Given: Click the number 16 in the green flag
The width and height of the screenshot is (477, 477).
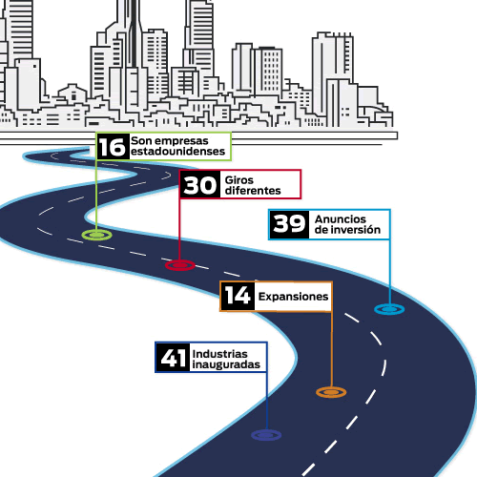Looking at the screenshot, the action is [112, 147].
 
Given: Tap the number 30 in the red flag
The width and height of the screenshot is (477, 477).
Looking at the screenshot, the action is [199, 185].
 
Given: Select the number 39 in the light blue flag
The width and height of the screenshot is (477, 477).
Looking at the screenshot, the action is [289, 223].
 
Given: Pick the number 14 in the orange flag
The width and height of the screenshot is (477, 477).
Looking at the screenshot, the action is [238, 296].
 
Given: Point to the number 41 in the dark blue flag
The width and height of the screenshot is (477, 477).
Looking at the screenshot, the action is [174, 358].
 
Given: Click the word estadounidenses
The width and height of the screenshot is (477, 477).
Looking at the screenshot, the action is [177, 152].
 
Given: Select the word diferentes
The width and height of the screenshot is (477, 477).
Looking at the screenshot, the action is [253, 191].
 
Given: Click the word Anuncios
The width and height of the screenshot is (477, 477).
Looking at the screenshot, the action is [341, 219].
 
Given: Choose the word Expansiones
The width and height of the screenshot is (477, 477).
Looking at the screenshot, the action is [293, 297].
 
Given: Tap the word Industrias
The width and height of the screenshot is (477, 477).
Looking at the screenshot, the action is [219, 354].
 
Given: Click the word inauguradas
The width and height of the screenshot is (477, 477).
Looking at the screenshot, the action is [226, 364].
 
